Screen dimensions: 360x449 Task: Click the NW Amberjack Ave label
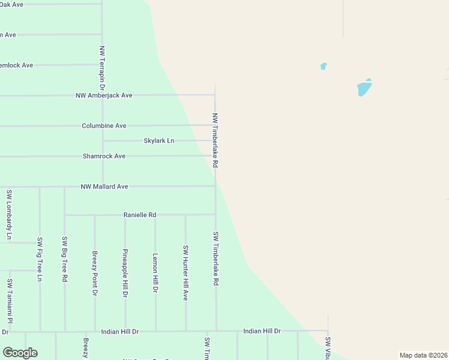pos(104,95)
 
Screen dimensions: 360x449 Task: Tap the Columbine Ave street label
pos(104,126)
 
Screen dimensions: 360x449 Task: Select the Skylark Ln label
pos(158,141)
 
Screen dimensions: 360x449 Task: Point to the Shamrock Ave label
pos(104,156)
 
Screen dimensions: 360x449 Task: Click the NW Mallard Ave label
pos(104,187)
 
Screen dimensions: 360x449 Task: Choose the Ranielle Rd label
pos(140,215)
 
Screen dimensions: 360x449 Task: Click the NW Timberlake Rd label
pos(215,140)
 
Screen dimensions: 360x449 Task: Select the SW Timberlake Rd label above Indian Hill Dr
pos(215,257)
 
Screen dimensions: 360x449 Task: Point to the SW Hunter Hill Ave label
pos(185,272)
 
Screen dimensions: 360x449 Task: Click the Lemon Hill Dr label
pos(155,272)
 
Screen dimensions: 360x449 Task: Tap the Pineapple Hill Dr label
pos(125,273)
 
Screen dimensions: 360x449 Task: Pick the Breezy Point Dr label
pos(95,273)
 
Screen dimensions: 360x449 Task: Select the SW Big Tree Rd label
pos(65,259)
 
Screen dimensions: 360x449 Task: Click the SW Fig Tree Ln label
pos(40,259)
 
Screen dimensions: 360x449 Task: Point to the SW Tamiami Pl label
pos(10,301)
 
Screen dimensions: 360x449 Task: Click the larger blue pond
pos(364,88)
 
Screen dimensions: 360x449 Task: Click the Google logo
pos(20,353)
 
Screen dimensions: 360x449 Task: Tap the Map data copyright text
pos(423,355)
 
